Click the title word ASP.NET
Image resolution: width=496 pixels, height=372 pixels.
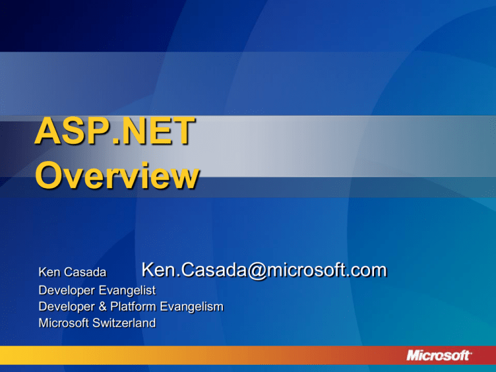tap(114, 131)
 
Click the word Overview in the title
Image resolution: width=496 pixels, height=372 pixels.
tap(117, 175)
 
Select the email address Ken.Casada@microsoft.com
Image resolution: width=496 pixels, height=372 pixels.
tap(264, 271)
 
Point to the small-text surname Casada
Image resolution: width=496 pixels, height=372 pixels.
tap(85, 272)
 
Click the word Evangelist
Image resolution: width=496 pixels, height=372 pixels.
tap(127, 291)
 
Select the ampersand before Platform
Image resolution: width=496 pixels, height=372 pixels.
tap(103, 307)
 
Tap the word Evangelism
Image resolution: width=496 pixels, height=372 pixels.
tap(192, 307)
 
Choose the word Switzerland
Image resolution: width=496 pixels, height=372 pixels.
tap(124, 323)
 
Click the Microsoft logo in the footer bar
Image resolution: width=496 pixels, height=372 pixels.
tap(439, 356)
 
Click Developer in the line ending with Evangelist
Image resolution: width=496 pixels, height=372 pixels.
tap(67, 291)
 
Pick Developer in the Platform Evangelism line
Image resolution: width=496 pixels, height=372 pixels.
tap(67, 307)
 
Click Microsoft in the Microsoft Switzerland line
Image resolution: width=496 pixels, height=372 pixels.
tap(63, 323)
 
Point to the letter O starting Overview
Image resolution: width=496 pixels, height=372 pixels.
tap(49, 174)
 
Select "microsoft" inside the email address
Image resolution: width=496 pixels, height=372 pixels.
tap(305, 271)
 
